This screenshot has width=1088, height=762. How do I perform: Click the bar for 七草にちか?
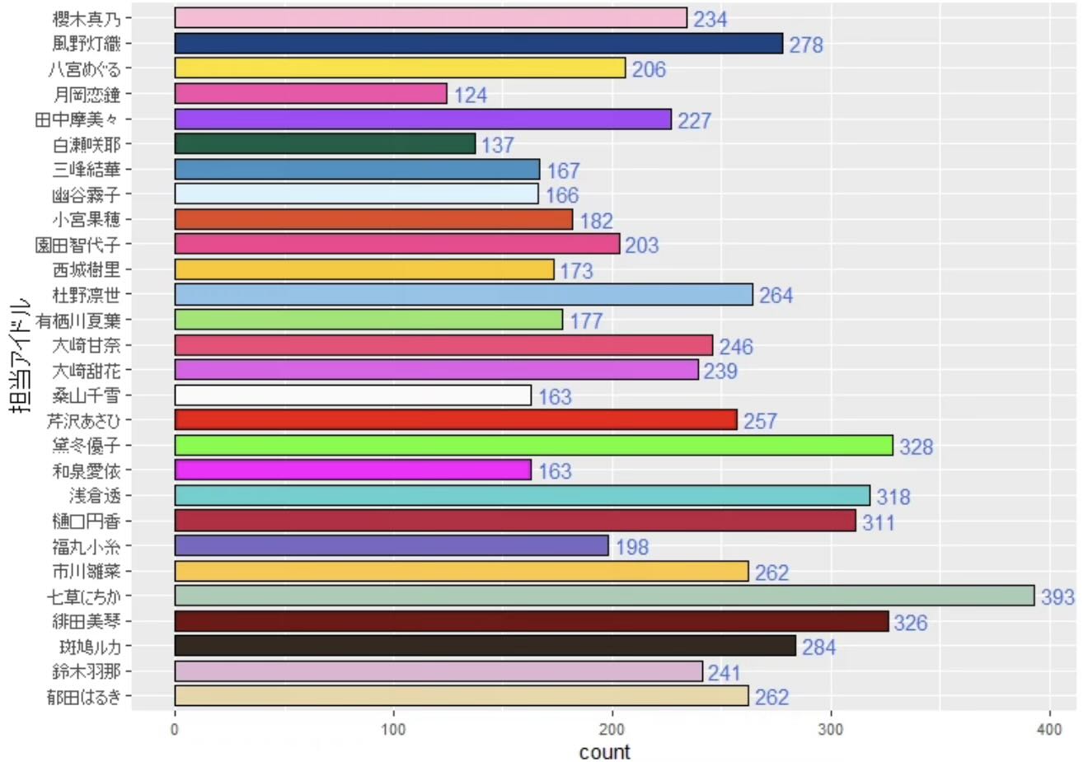(x=604, y=596)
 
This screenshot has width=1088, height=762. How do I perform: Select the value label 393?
(x=1058, y=596)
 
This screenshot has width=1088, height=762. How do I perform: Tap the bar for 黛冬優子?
(x=533, y=446)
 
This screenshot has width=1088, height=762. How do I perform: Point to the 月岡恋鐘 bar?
(x=311, y=94)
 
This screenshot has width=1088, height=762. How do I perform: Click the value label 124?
(x=470, y=95)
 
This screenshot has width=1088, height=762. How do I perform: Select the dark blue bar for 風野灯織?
(x=478, y=44)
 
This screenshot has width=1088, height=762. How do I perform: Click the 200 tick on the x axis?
(x=612, y=729)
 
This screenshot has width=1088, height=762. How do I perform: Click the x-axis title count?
(x=604, y=751)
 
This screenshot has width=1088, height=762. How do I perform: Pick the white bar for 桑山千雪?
(x=353, y=395)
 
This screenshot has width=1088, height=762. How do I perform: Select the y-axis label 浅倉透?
(x=95, y=496)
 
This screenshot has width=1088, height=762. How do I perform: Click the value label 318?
(x=893, y=497)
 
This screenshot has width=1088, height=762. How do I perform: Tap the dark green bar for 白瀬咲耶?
(x=325, y=144)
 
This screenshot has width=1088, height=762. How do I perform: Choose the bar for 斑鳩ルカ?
(x=485, y=646)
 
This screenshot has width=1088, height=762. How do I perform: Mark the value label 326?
(x=910, y=622)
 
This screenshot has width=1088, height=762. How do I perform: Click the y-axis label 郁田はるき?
(x=83, y=697)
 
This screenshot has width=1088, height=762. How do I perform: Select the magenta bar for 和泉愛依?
(x=353, y=470)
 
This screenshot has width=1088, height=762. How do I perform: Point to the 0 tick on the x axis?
(x=175, y=729)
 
